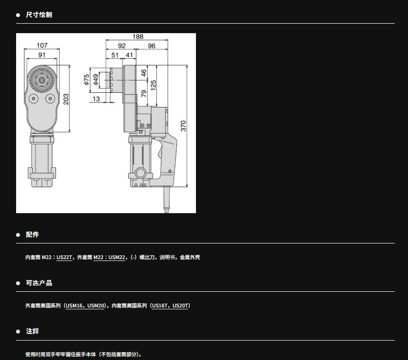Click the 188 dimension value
click(138, 37)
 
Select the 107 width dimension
click(42, 45)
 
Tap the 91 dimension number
click(42, 55)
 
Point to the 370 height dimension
click(184, 126)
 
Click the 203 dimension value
click(66, 99)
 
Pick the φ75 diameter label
click(87, 80)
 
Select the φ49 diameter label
click(96, 80)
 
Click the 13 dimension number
click(96, 99)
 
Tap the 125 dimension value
click(153, 85)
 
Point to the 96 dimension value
click(151, 46)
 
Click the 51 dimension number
click(115, 55)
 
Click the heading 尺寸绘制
click(39, 15)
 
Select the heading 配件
click(32, 234)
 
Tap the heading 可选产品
click(39, 283)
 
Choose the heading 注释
click(32, 332)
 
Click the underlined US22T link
click(64, 257)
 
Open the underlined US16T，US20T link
click(169, 306)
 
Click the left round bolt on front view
click(34, 99)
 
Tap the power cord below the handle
click(167, 200)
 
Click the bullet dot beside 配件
click(18, 235)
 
